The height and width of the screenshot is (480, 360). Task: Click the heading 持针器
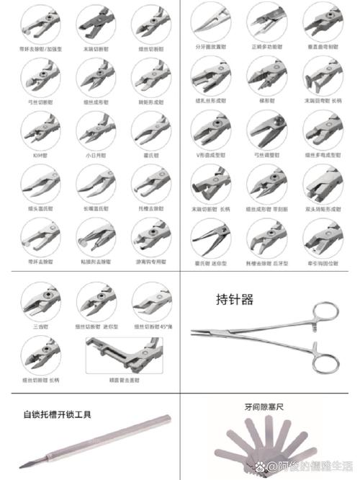pyautogui.click(x=235, y=299)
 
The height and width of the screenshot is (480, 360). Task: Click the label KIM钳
pyautogui.click(x=40, y=154)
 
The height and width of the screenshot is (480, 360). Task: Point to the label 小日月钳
pyautogui.click(x=96, y=154)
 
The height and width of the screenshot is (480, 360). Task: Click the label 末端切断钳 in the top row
pyautogui.click(x=96, y=48)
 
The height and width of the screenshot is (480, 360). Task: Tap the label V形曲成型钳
pyautogui.click(x=210, y=154)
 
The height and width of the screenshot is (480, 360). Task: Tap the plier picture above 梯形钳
pyautogui.click(x=266, y=76)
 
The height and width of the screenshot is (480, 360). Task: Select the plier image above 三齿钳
pyautogui.click(x=40, y=301)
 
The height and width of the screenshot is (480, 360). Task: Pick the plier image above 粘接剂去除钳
pyautogui.click(x=96, y=236)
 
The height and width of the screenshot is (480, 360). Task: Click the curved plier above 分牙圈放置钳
pyautogui.click(x=210, y=20)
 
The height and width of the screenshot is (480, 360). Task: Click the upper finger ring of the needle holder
pyautogui.click(x=326, y=311)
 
